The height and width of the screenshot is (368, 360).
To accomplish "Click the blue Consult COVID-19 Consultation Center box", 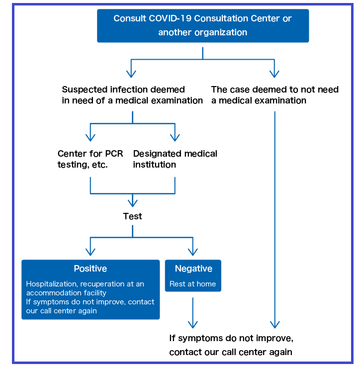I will pyautogui.click(x=202, y=25).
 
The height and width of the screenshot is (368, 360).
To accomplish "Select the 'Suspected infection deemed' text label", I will pyautogui.click(x=123, y=90).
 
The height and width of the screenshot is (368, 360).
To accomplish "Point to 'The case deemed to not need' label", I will pyautogui.click(x=274, y=90).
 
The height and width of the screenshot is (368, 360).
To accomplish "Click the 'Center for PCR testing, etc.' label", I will pyautogui.click(x=90, y=159).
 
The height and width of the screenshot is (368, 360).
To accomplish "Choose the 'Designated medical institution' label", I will pyautogui.click(x=175, y=159).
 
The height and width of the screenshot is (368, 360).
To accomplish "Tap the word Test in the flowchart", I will pyautogui.click(x=132, y=216).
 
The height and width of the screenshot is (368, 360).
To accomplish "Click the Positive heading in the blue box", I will pyautogui.click(x=90, y=269).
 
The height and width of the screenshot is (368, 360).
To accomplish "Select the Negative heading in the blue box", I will pyautogui.click(x=193, y=269).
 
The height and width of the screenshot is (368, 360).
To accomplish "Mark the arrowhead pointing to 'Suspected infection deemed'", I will pyautogui.click(x=131, y=74).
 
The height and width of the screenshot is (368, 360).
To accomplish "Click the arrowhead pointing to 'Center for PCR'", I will pyautogui.click(x=90, y=137).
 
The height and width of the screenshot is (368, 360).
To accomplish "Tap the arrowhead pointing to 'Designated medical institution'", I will pyautogui.click(x=175, y=137).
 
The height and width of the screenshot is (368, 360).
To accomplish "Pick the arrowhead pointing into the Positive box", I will pyautogui.click(x=90, y=251).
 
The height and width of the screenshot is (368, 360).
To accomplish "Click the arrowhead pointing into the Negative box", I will pyautogui.click(x=193, y=251).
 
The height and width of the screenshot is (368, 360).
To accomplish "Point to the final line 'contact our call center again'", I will pyautogui.click(x=231, y=352).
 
